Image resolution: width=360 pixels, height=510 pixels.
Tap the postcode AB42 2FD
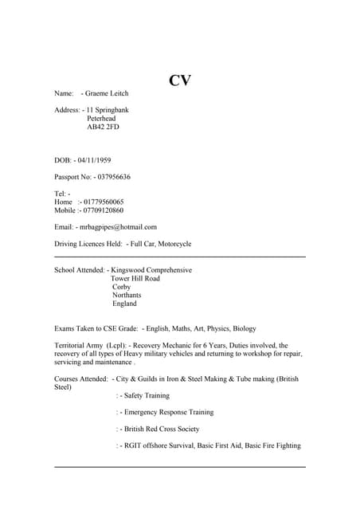(104, 127)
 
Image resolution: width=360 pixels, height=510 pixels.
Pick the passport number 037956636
(112, 177)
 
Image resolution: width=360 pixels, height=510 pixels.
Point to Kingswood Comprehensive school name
(151, 270)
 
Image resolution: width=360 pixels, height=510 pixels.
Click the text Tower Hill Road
(136, 279)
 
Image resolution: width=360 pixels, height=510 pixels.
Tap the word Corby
(122, 287)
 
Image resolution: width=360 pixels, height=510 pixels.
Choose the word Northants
(127, 295)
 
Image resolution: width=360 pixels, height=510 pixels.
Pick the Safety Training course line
(145, 395)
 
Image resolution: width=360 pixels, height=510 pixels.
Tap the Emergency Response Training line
(167, 412)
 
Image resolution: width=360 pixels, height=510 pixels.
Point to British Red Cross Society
(160, 429)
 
